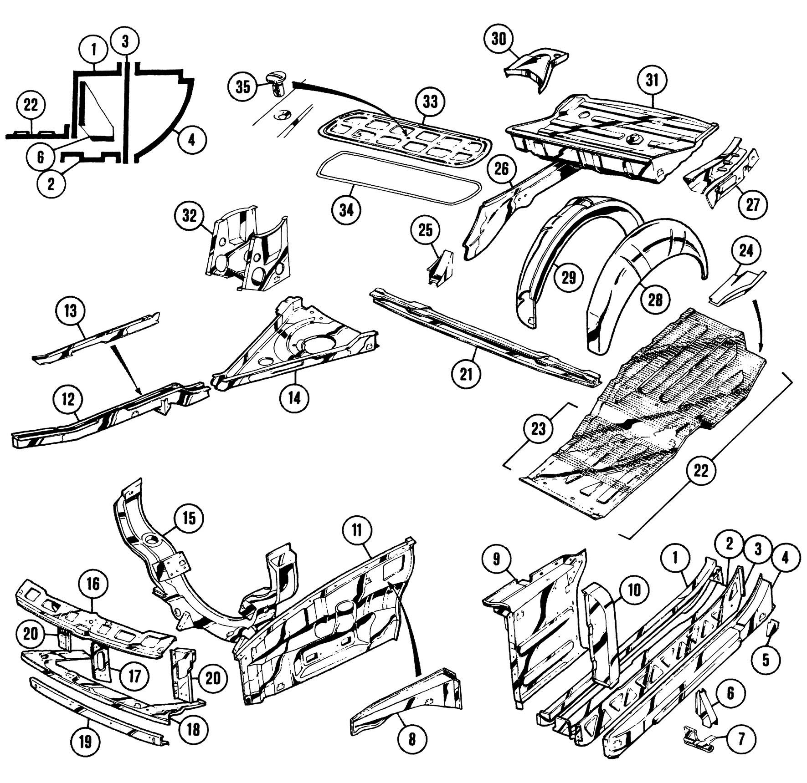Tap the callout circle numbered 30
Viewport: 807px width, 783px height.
pyautogui.click(x=499, y=39)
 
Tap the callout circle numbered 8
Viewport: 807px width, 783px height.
pyautogui.click(x=412, y=738)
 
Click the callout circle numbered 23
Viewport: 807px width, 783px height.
pyautogui.click(x=538, y=429)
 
